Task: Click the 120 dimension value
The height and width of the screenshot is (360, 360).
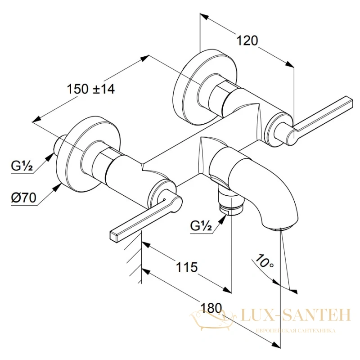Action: [x=247, y=40]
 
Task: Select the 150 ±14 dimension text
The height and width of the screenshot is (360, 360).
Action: [x=90, y=89]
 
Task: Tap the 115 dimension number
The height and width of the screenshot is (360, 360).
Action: [x=187, y=267]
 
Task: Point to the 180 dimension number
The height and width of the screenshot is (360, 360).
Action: [x=211, y=308]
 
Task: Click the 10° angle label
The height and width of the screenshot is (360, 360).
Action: [x=265, y=261]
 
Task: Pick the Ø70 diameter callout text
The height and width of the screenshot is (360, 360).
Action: [x=24, y=198]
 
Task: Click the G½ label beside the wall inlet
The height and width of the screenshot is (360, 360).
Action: [x=22, y=166]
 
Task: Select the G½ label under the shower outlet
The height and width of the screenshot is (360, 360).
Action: [x=201, y=226]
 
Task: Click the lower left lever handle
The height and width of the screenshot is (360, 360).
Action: [x=142, y=218]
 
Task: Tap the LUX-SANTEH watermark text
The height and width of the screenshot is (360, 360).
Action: [x=296, y=315]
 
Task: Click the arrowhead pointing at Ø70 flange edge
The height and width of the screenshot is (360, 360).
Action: [x=58, y=187]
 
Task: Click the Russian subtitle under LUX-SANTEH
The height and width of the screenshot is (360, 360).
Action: [x=296, y=331]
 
